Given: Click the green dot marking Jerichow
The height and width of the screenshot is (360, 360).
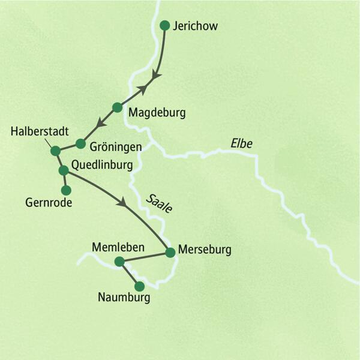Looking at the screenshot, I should click(165, 25).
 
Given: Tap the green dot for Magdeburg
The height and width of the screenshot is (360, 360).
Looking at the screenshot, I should click(117, 107).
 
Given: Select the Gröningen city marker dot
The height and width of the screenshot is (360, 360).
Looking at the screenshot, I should click(80, 143).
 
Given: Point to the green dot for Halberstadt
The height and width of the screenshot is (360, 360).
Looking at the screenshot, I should click(55, 151).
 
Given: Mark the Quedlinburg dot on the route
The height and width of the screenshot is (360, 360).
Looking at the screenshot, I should click(63, 170).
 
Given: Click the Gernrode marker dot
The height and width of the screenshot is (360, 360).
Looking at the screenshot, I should click(66, 190).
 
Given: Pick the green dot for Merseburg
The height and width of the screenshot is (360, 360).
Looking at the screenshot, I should click(169, 252).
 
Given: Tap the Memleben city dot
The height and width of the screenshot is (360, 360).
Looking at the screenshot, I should click(119, 261).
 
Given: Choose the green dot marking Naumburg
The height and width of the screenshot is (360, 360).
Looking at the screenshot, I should click(139, 286).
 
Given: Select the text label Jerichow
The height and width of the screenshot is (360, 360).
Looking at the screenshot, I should click(194, 26).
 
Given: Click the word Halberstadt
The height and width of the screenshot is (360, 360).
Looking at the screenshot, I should click(40, 131).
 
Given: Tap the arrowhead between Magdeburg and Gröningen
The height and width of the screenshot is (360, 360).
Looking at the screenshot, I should click(101, 123).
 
